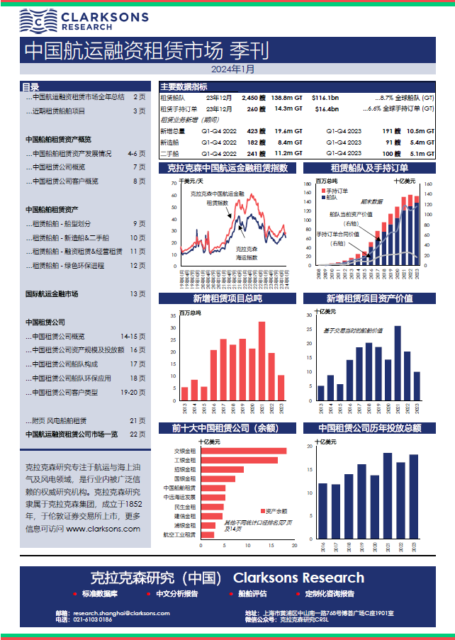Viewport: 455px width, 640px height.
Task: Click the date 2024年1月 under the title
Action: coord(232,69)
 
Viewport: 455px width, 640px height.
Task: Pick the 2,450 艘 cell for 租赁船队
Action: coord(253,98)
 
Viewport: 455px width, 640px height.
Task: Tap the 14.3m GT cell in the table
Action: coord(288,109)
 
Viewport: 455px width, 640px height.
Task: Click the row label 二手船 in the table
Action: coord(170,153)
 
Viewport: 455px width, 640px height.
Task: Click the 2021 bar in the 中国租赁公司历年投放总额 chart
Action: coord(388,495)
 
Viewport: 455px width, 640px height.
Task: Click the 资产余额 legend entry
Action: coord(273,511)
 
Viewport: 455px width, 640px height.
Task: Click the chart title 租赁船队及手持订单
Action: coord(369,168)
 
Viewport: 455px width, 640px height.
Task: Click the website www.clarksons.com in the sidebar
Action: coord(103,528)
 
